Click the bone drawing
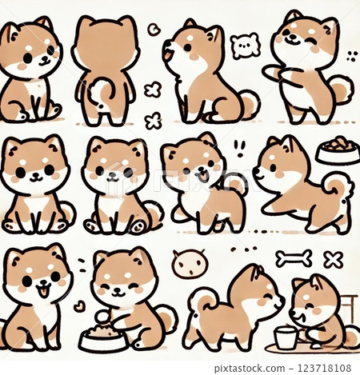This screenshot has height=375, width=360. click(294, 258)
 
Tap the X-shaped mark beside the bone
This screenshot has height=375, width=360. click(334, 260)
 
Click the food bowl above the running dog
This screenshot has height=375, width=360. click(338, 150)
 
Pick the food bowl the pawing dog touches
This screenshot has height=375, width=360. click(102, 339)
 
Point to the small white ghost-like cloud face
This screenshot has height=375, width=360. click(245, 46)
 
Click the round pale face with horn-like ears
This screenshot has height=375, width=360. click(190, 264)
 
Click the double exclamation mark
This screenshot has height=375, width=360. click(239, 149)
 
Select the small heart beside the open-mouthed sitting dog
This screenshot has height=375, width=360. click(79, 306)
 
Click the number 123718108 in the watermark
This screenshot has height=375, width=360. click(325, 368)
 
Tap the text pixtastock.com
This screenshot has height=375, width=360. click(250, 369)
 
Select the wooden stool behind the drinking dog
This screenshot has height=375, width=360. click(349, 309)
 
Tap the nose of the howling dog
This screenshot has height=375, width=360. click(165, 42)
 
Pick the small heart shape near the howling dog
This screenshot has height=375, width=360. click(153, 30)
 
